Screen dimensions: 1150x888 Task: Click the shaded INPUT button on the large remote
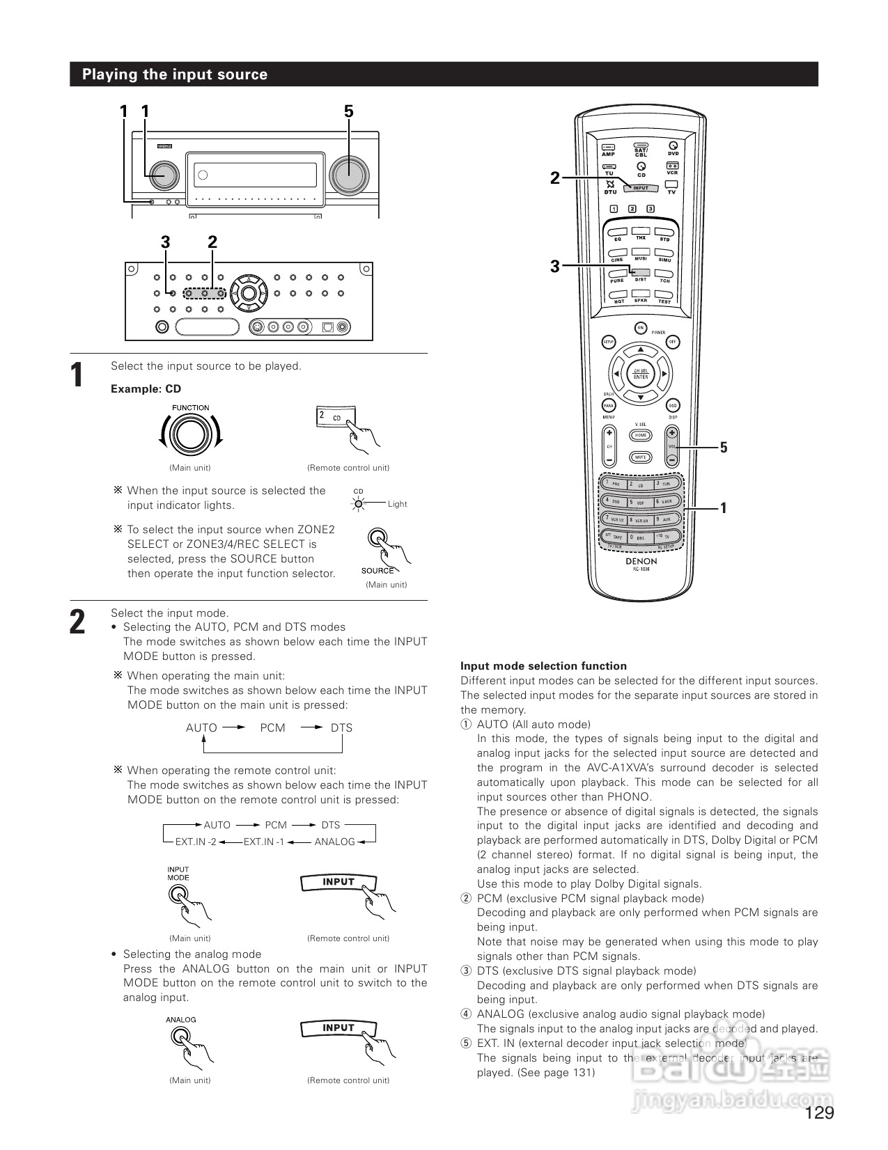tap(640, 188)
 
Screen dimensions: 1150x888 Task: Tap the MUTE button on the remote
tap(640, 457)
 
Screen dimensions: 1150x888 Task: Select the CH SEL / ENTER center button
tap(640, 374)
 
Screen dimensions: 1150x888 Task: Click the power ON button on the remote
tap(640, 327)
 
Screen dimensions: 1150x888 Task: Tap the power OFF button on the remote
tap(672, 342)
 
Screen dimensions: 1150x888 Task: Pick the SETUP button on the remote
tap(608, 342)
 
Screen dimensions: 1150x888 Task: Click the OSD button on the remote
tap(672, 406)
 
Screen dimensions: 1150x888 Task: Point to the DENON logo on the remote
tap(641, 560)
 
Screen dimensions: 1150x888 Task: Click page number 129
tap(819, 1113)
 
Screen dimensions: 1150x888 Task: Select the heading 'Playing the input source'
tap(175, 74)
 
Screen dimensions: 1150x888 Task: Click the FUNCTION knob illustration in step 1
tap(190, 435)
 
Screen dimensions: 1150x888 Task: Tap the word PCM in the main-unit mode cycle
tap(272, 727)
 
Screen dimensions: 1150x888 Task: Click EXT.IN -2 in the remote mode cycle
tap(196, 842)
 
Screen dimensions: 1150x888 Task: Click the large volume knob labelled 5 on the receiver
tap(348, 174)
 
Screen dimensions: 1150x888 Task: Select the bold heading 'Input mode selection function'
tap(543, 666)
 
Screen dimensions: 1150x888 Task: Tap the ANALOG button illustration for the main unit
tap(180, 1037)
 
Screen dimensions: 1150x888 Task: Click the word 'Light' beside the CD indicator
tap(397, 504)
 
